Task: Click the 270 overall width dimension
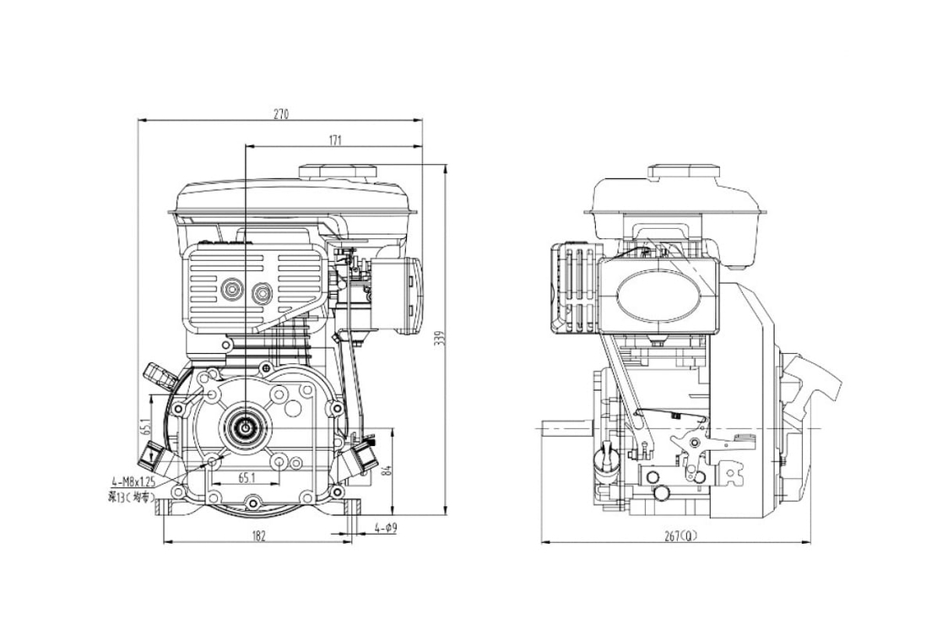click(x=280, y=114)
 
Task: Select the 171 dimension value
click(x=334, y=139)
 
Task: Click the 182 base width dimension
click(x=259, y=535)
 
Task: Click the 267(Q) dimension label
click(x=680, y=535)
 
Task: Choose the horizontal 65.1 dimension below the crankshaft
click(x=247, y=477)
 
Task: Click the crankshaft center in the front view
click(x=245, y=428)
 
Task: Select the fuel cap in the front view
click(x=338, y=170)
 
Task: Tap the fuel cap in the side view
click(x=681, y=171)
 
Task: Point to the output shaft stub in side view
click(x=566, y=429)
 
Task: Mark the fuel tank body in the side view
click(x=680, y=207)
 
